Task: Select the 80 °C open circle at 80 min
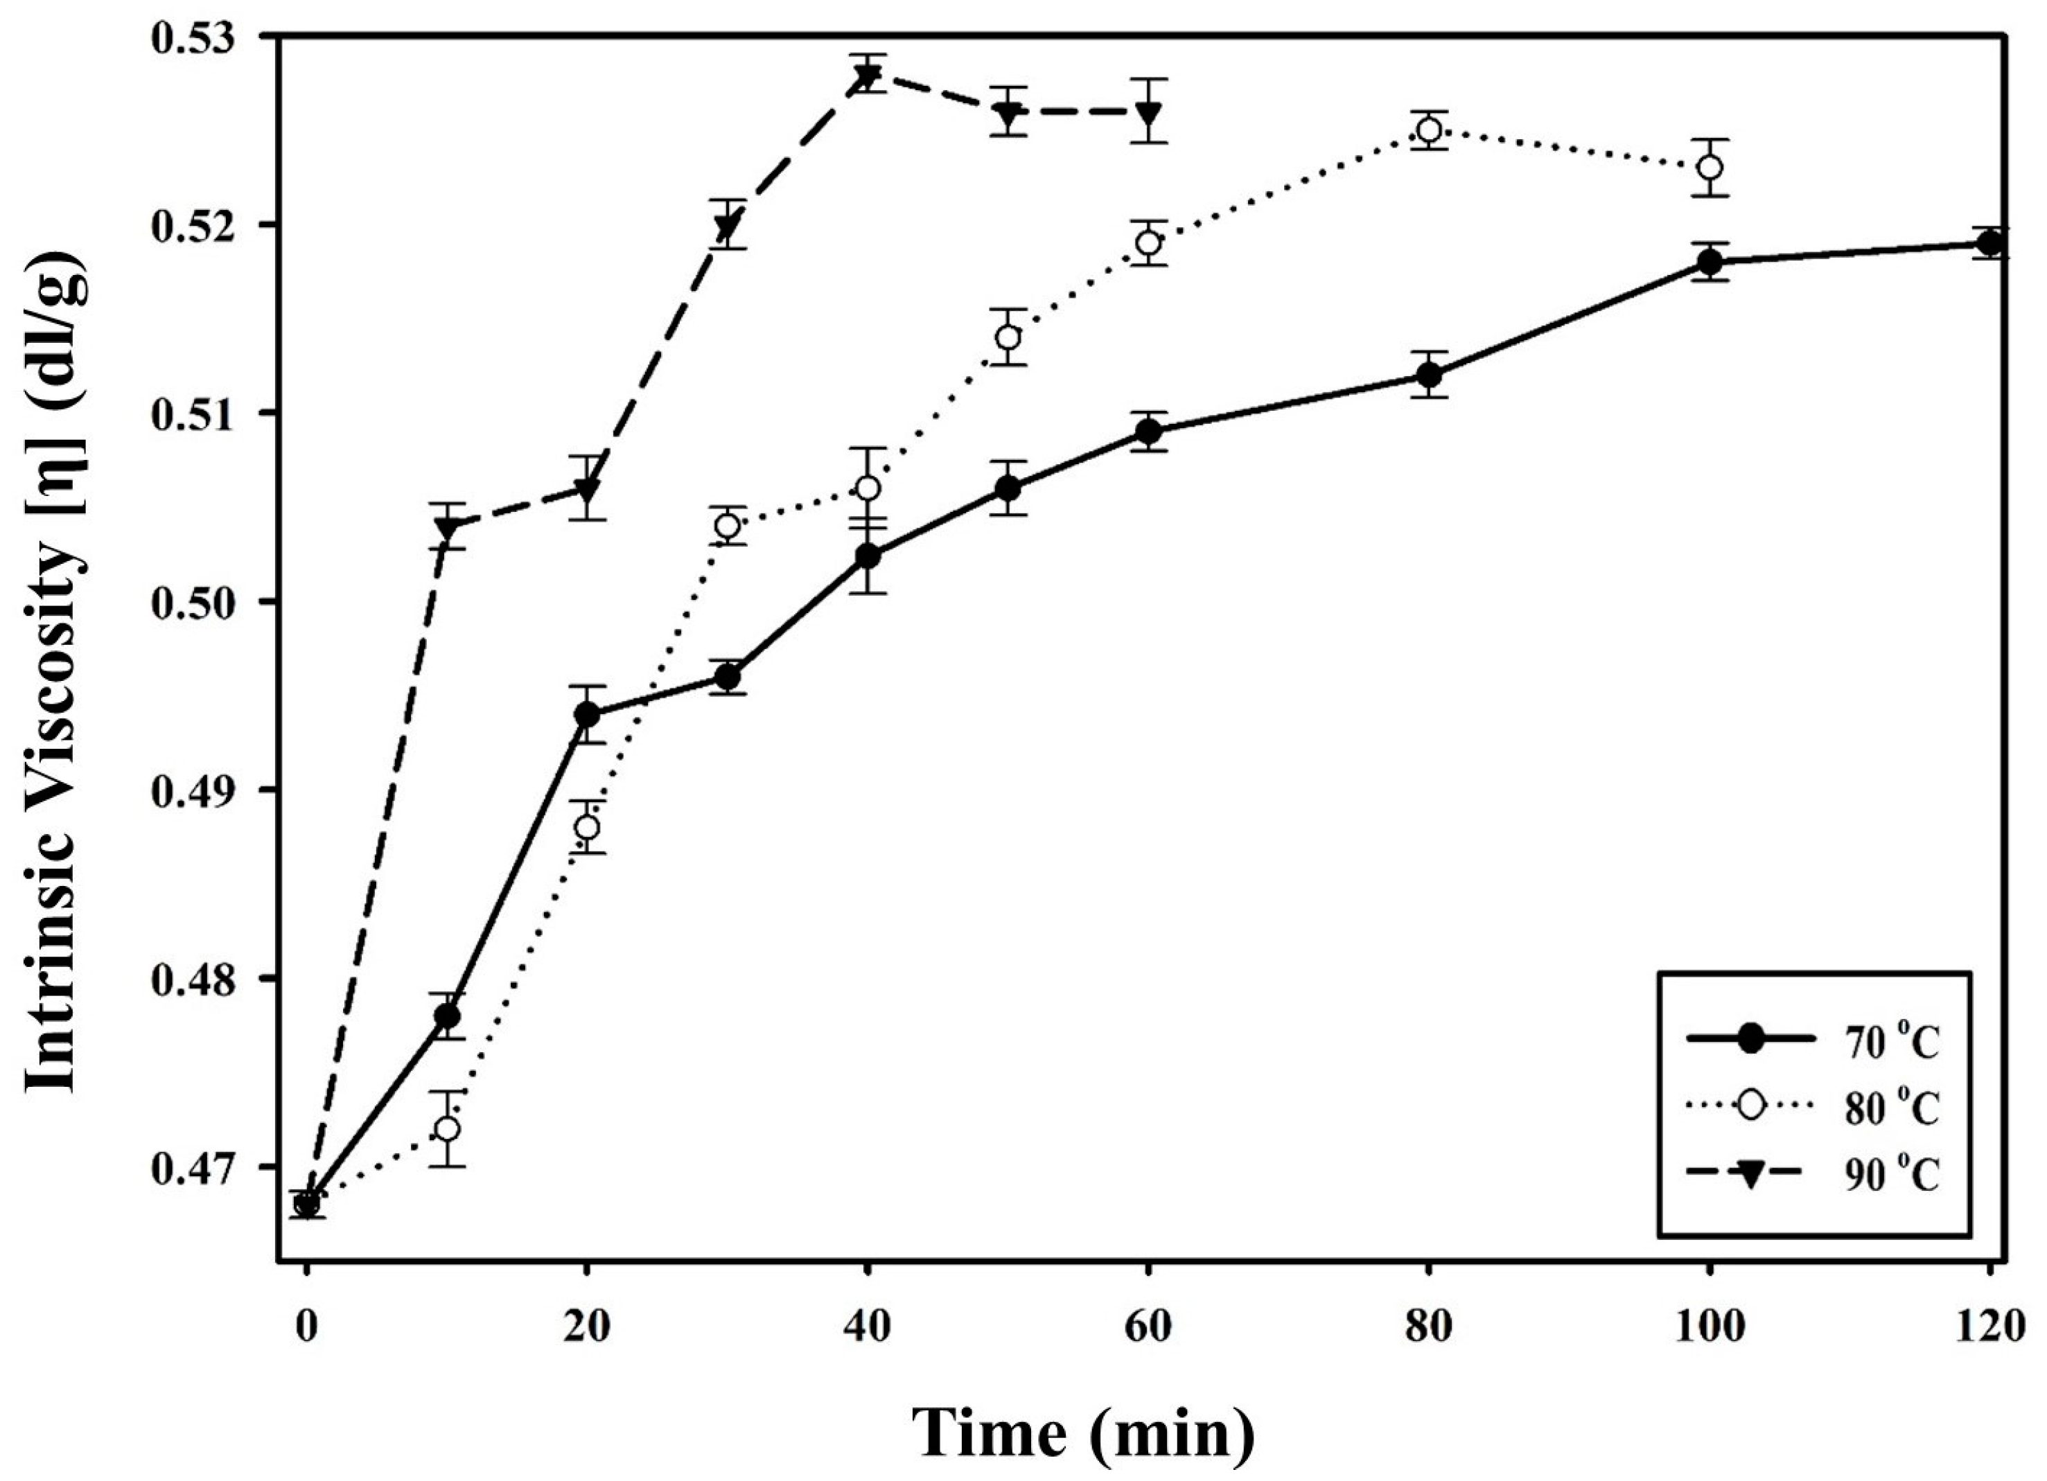(x=1429, y=130)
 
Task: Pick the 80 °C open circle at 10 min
(x=447, y=1129)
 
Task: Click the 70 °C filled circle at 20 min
(x=587, y=715)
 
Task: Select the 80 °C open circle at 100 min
(x=1710, y=167)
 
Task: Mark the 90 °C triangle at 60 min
(x=1148, y=113)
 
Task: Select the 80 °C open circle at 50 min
(x=1008, y=337)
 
